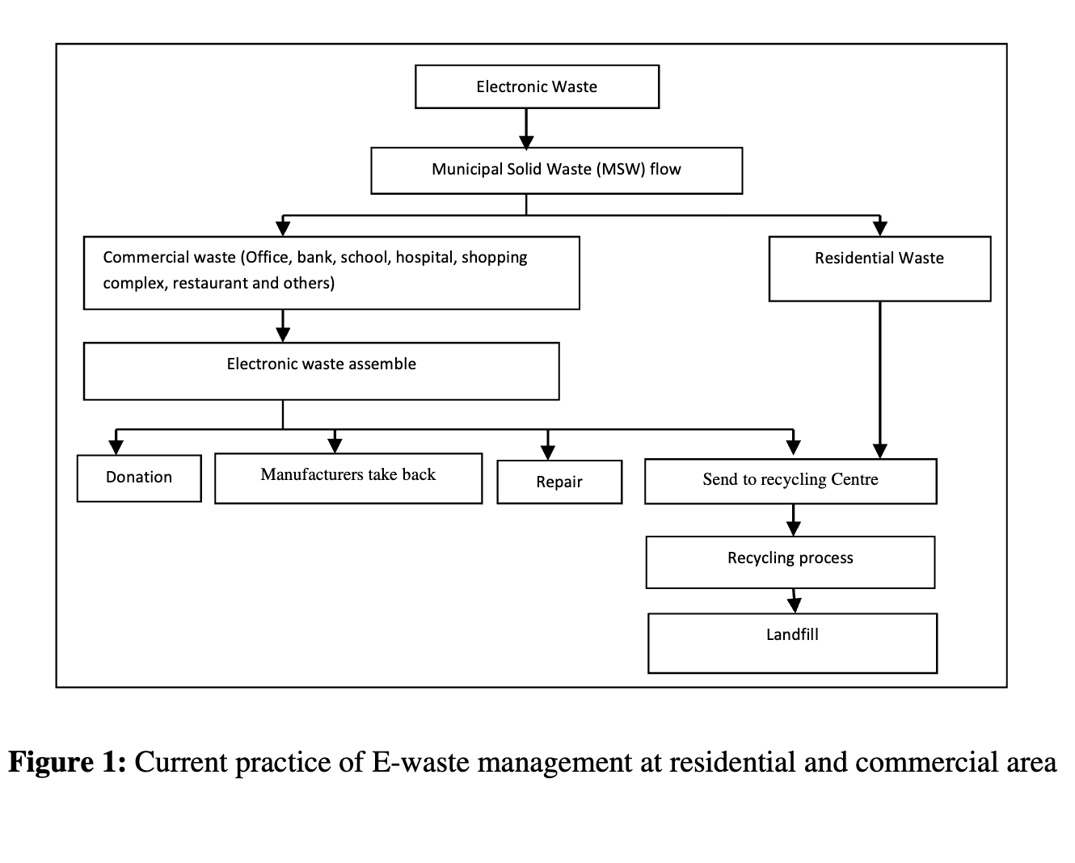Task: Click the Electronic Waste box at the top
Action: (x=537, y=86)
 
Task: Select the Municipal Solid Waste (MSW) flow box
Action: (x=556, y=170)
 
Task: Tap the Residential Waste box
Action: (x=879, y=269)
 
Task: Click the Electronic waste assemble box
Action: (x=321, y=371)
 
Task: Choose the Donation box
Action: (x=139, y=478)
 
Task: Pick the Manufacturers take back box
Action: (x=348, y=478)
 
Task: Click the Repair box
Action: (x=559, y=482)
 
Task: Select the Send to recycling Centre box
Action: (x=790, y=481)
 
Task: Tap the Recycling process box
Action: (x=790, y=562)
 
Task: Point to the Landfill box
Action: (x=792, y=643)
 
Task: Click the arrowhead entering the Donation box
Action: (x=116, y=447)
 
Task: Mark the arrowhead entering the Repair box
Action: (x=548, y=452)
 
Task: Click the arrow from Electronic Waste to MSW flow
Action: (x=526, y=128)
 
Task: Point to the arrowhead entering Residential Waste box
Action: (x=879, y=228)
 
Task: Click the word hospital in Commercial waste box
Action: (x=426, y=258)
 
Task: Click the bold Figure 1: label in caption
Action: (x=67, y=762)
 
